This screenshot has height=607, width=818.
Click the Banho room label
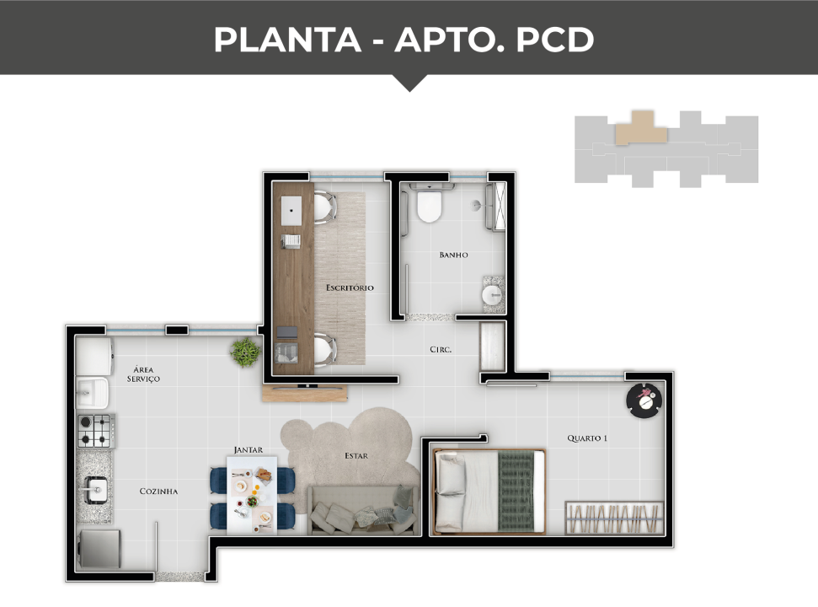click(x=453, y=255)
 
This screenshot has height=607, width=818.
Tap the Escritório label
click(x=350, y=287)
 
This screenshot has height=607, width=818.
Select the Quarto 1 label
click(x=587, y=438)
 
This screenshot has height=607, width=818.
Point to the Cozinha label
click(x=158, y=492)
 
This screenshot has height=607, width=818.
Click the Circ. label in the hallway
click(x=441, y=350)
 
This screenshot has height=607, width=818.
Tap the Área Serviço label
click(x=143, y=374)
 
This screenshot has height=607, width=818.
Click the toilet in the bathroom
click(x=430, y=203)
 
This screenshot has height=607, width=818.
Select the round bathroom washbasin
click(x=492, y=295)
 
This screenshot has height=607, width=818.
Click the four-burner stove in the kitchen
click(x=96, y=431)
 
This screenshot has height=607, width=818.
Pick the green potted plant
click(x=244, y=352)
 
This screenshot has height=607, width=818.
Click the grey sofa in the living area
click(x=364, y=510)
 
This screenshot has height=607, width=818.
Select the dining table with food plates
click(x=252, y=495)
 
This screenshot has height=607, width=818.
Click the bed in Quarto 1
click(x=489, y=492)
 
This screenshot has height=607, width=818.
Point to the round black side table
click(x=644, y=400)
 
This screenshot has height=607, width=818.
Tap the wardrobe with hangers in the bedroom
click(x=614, y=518)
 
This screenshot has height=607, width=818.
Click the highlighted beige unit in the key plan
click(x=641, y=128)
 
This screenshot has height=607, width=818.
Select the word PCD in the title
click(x=555, y=39)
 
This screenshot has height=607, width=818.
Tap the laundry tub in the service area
click(x=93, y=392)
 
